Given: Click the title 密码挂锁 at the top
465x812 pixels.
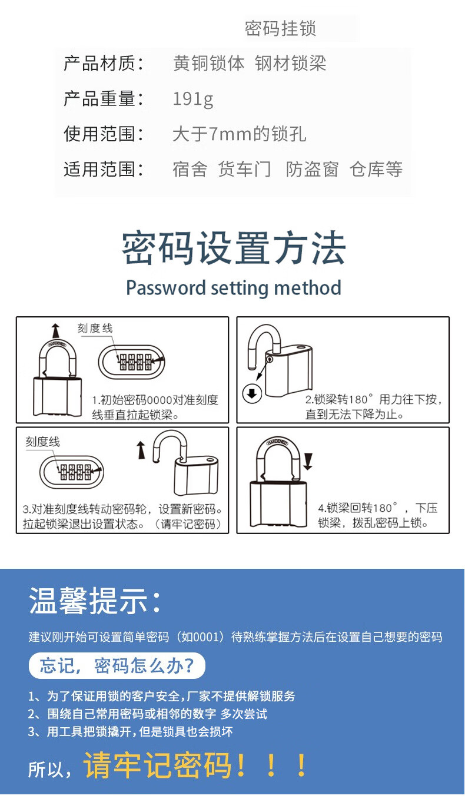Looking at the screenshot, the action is click(281, 28).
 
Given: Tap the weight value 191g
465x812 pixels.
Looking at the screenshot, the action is click(193, 98).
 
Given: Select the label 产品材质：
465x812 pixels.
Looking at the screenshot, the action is click(104, 64).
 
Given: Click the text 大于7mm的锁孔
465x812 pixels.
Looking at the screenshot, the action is click(239, 134).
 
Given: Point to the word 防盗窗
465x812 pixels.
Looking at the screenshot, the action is click(312, 169).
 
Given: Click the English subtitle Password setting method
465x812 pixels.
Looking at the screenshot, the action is click(234, 288).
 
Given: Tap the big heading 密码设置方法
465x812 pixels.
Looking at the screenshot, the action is click(234, 248).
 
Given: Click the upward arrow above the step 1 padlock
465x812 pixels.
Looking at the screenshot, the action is click(55, 330).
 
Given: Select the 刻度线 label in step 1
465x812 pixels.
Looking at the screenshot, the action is click(95, 328).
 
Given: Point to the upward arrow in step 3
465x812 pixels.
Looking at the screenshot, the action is click(141, 450).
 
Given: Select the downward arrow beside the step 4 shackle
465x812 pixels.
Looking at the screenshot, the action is click(308, 462).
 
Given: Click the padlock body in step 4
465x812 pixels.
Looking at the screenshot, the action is click(278, 504).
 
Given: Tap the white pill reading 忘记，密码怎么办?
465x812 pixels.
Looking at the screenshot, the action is click(117, 666).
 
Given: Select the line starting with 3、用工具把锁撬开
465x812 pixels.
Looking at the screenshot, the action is click(131, 731).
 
